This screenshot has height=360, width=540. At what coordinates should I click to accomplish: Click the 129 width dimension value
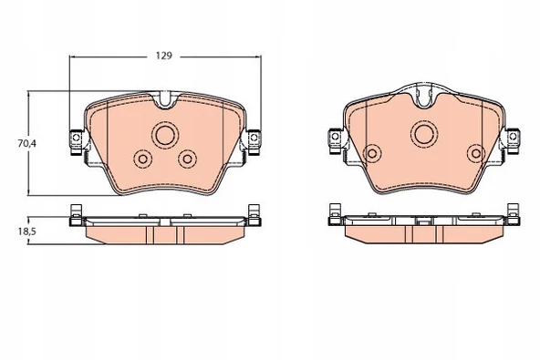[x=164, y=56]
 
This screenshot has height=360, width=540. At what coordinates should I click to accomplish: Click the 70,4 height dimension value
[x=26, y=143]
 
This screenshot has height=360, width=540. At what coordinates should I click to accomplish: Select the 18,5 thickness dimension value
[x=26, y=231]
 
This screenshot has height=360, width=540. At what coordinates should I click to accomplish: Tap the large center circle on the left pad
[x=164, y=135]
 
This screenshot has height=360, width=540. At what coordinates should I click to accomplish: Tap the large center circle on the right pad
[x=424, y=134]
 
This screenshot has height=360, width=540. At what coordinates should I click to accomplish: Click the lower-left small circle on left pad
[x=142, y=159]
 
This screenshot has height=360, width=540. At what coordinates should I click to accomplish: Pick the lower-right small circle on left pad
[x=187, y=159]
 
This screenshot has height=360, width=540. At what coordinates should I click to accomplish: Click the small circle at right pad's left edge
[x=372, y=153]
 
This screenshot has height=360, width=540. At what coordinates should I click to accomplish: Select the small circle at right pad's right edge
[x=476, y=153]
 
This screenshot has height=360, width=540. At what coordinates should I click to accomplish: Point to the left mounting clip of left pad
[x=76, y=142]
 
